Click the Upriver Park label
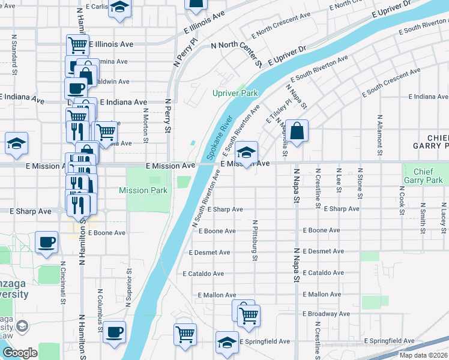click(235, 94)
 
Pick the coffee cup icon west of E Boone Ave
click(47, 242)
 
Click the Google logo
click(20, 352)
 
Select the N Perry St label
click(167, 117)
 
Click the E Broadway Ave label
click(326, 314)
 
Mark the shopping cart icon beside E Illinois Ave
click(77, 44)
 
